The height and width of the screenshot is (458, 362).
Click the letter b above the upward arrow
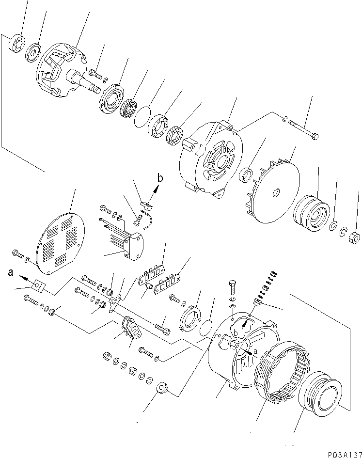tap(160, 178)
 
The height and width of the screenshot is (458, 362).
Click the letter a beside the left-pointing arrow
tap(10, 273)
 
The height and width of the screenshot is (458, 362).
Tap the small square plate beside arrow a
tap(38, 288)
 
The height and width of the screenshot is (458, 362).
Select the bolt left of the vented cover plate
tap(18, 253)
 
